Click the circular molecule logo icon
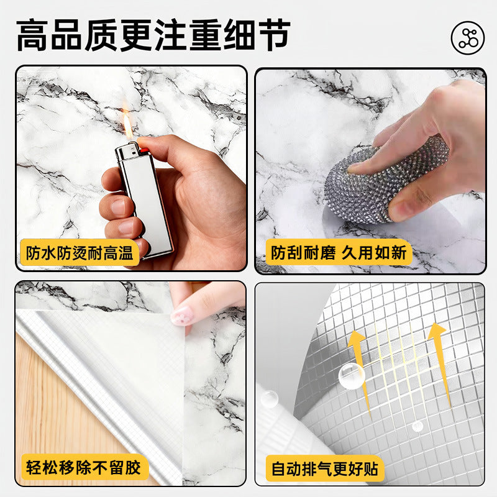click(468, 38)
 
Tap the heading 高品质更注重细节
click(153, 35)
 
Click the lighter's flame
click(127, 125)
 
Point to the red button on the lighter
click(144, 150)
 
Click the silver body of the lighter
click(147, 203)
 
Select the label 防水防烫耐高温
click(80, 253)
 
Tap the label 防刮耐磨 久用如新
click(339, 253)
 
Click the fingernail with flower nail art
click(181, 316)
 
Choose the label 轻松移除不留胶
click(83, 468)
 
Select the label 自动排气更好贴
click(325, 469)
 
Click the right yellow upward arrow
click(440, 365)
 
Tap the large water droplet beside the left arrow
click(352, 376)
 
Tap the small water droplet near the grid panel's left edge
click(269, 399)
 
